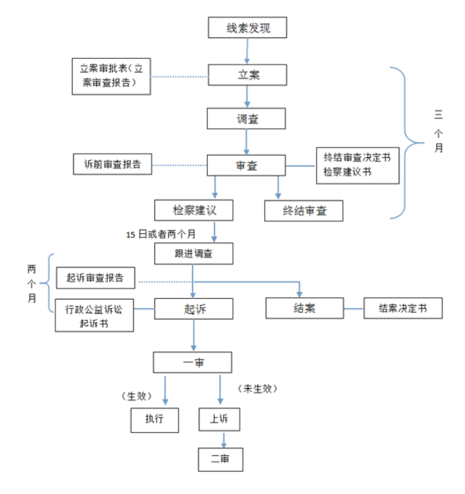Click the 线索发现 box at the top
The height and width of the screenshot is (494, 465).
[x=248, y=28]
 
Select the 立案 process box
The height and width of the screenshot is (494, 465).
[x=248, y=74]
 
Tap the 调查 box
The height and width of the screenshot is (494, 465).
[x=247, y=119]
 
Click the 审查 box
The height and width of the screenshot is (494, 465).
[x=246, y=166]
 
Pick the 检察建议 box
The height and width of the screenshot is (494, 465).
[x=193, y=210]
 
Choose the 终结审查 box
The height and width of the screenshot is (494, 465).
[x=304, y=210]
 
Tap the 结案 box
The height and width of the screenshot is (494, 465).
[x=304, y=308]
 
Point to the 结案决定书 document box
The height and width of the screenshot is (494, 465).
[x=403, y=308]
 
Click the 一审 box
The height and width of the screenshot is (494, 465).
[x=193, y=362]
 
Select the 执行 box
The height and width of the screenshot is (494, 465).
[x=155, y=420]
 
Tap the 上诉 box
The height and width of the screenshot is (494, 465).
[x=219, y=420]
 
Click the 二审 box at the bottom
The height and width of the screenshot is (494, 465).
[x=220, y=460]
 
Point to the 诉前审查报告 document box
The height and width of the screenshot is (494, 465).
[x=112, y=165]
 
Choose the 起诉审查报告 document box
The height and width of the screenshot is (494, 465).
[x=95, y=278]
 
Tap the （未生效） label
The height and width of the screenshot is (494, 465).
[x=258, y=388]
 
